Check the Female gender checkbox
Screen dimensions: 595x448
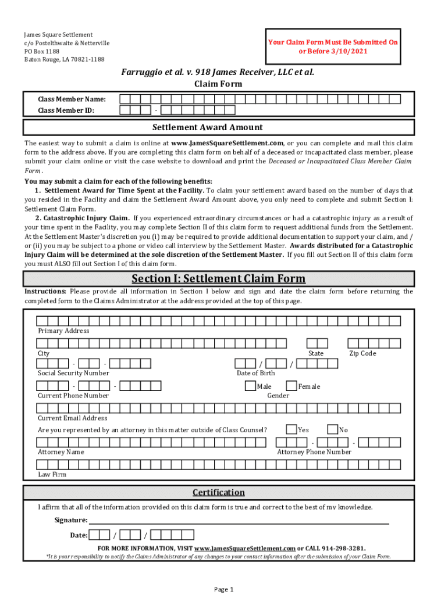coord(291,386)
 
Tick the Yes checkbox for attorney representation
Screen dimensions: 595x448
coord(291,429)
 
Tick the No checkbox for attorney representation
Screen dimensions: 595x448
coord(332,429)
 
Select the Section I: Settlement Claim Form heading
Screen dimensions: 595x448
coord(218,279)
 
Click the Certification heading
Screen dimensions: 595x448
coord(218,492)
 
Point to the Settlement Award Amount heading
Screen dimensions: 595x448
coord(208,127)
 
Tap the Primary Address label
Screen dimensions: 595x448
coord(63,331)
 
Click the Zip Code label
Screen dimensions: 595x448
coord(362,353)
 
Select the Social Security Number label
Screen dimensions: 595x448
coord(73,373)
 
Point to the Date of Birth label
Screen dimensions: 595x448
coord(256,373)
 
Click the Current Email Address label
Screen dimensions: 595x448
coord(73,418)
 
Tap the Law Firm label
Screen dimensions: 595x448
coord(52,474)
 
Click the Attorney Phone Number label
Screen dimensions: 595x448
coord(314,452)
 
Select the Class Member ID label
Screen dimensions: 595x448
coord(66,110)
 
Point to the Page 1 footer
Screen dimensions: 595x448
coord(224,589)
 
